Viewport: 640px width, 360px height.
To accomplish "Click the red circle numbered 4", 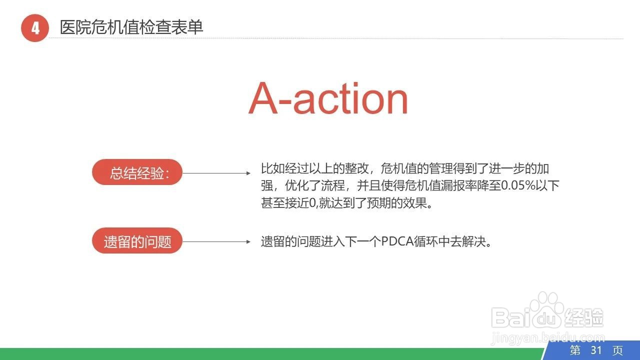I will (x=34, y=28).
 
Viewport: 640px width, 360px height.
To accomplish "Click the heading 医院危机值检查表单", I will (x=131, y=27).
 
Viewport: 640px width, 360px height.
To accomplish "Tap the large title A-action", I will (x=328, y=98).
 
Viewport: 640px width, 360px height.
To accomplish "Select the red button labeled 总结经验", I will (x=137, y=173).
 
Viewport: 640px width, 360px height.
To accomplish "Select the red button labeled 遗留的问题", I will (x=137, y=241).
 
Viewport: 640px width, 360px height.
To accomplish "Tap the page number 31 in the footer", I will (x=596, y=350).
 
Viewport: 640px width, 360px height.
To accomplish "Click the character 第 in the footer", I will (x=575, y=350).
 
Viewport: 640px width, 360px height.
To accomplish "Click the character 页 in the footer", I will (x=618, y=350).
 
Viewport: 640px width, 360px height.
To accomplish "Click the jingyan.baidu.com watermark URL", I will (x=548, y=338).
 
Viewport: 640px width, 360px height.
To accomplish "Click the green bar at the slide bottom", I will (x=270, y=354).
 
